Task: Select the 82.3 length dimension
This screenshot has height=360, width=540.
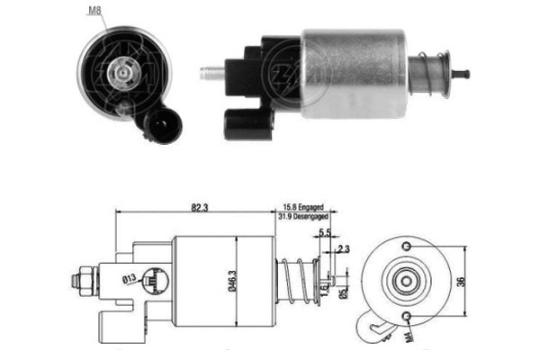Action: click(x=200, y=208)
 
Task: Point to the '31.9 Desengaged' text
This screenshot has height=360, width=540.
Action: click(x=304, y=217)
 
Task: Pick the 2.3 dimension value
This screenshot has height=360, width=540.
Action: click(x=344, y=249)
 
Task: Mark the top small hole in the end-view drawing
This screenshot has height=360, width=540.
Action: click(x=406, y=247)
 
